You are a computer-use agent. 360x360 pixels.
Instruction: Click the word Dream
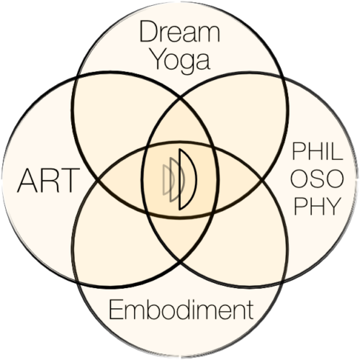179,32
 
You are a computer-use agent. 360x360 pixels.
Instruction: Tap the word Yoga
181,60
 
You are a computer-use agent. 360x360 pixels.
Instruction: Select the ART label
48,181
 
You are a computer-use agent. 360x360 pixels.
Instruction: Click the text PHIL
318,150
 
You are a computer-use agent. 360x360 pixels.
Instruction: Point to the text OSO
318,179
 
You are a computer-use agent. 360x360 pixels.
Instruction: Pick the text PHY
318,206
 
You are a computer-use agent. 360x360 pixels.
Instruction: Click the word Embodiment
181,310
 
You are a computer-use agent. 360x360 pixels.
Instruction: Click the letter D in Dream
148,32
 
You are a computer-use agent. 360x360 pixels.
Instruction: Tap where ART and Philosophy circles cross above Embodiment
181,261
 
